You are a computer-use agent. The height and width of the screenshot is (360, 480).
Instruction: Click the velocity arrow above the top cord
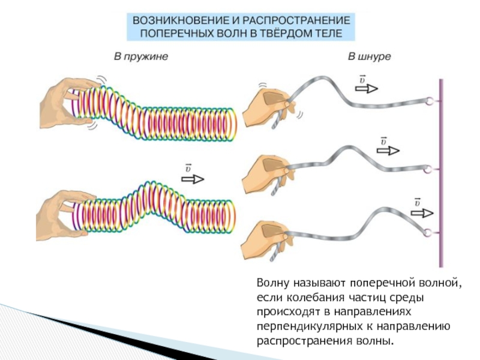(x=366, y=88)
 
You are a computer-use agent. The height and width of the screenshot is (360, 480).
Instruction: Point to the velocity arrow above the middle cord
(x=386, y=150)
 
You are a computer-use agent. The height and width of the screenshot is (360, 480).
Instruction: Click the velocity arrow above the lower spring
(x=193, y=179)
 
